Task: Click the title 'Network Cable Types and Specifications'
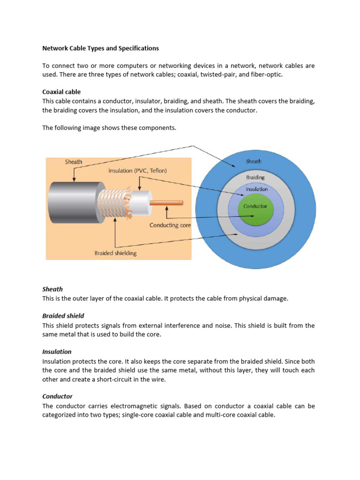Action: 100,48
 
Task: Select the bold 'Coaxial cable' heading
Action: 61,92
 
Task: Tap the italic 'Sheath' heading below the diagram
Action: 52,289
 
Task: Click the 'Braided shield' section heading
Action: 63,316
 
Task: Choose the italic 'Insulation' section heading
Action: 57,352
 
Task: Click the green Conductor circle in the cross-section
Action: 255,209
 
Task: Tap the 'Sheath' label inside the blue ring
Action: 254,161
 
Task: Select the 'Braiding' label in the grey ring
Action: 255,177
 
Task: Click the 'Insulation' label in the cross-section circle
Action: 257,189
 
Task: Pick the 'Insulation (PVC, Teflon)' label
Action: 137,171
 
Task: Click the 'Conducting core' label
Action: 170,225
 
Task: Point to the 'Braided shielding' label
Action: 115,253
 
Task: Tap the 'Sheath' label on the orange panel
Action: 74,162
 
